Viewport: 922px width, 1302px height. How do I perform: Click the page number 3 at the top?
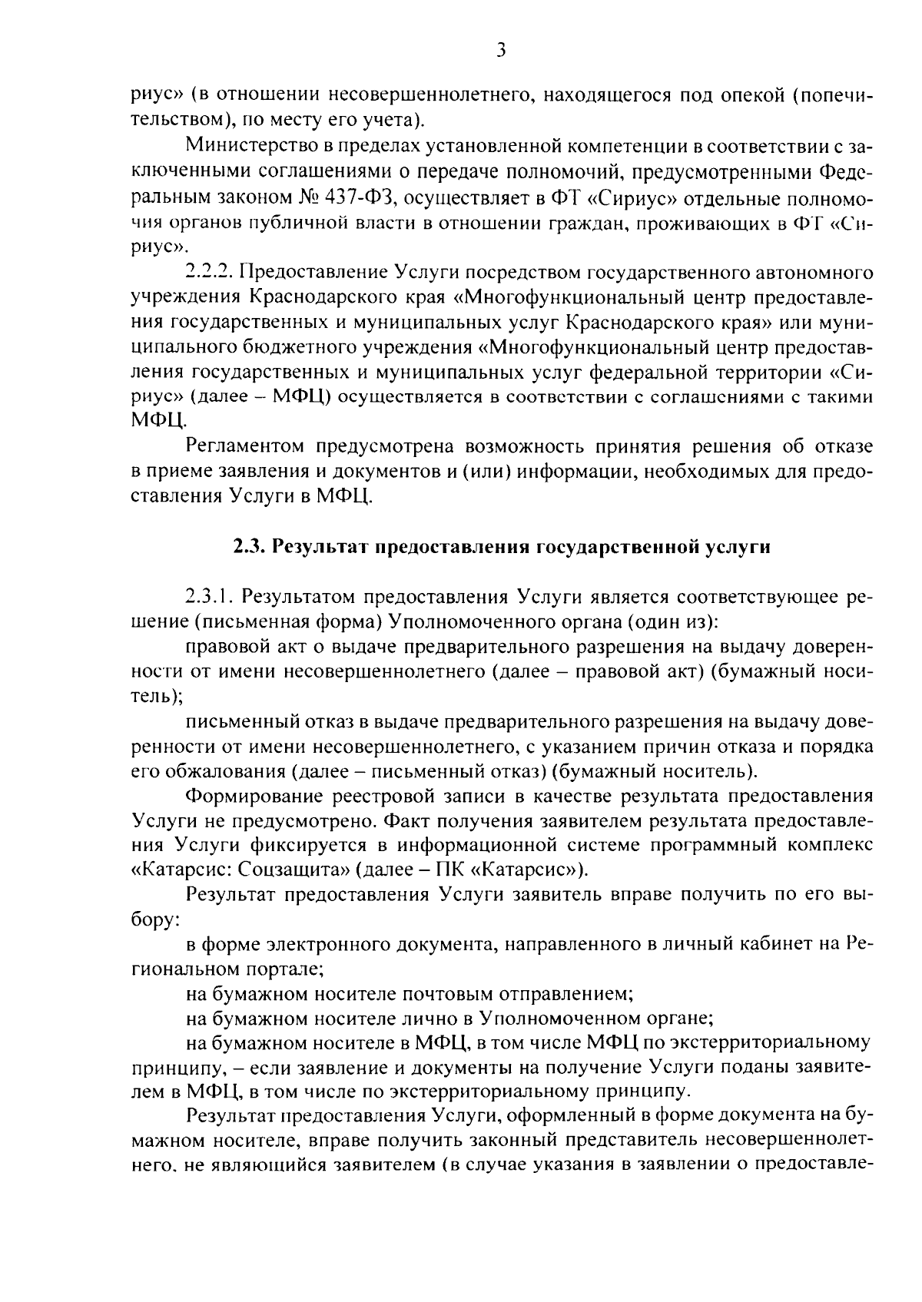[x=500, y=51]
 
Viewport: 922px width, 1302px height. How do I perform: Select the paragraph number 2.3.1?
[x=209, y=596]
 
